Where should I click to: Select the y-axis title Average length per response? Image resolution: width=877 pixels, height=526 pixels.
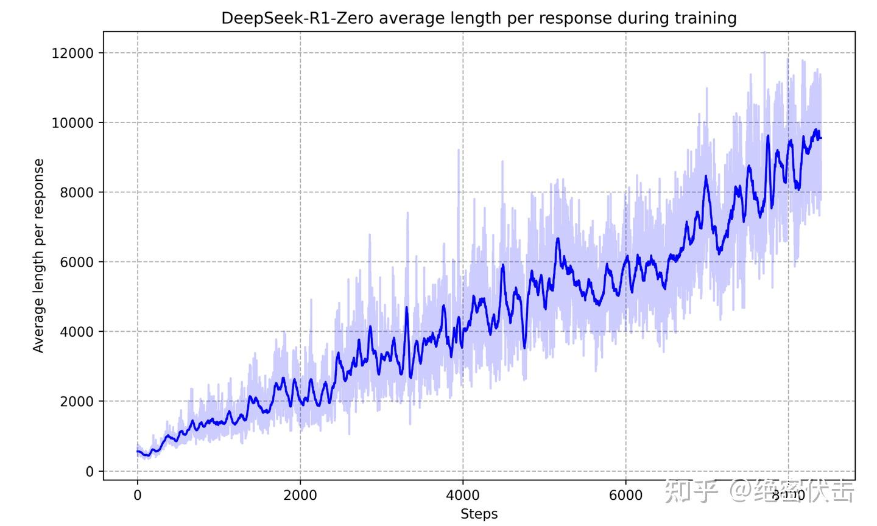39,256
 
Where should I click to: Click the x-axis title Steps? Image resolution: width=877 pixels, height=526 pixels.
479,514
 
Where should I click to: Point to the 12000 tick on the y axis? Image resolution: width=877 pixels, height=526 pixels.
72,54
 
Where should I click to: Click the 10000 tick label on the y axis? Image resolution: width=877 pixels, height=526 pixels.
72,123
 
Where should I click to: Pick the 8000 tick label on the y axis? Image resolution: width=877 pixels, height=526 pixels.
76,192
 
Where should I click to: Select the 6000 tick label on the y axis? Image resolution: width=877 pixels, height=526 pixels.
76,262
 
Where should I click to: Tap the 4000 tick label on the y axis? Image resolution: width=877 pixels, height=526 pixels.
76,332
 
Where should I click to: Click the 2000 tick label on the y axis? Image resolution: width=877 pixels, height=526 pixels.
76,402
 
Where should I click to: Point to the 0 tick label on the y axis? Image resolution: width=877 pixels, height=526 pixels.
90,471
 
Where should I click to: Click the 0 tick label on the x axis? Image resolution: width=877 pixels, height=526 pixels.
138,496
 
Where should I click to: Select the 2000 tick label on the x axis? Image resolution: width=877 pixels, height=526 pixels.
300,496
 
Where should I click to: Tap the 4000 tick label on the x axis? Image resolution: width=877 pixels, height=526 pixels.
463,496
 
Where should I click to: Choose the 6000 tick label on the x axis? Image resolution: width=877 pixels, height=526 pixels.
625,496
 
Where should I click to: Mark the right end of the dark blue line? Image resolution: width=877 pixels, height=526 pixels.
821,138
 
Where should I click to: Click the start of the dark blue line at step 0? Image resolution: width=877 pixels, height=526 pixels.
138,451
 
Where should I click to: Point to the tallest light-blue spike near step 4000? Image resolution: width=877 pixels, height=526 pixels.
458,150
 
